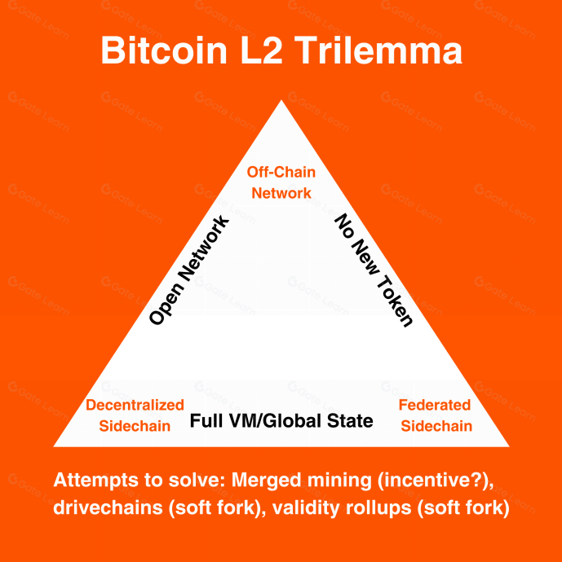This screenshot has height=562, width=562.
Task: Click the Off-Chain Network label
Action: coord(281,182)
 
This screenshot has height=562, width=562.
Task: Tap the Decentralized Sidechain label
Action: coord(135,415)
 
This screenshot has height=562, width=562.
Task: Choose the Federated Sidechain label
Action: coord(436,415)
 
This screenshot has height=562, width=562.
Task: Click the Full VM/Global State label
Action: coord(281,421)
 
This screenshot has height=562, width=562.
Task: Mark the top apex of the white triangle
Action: coord(281,102)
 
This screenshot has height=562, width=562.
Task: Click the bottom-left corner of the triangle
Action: coord(55,446)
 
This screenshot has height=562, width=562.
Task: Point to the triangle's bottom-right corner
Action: coord(507,446)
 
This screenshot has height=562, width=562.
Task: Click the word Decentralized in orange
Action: coord(135,405)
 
